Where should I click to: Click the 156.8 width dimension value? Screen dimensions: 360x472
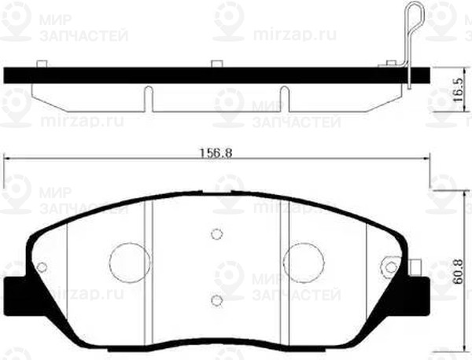(x=218, y=153)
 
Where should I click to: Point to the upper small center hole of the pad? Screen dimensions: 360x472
(x=216, y=233)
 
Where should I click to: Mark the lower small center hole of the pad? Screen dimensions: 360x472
(x=216, y=299)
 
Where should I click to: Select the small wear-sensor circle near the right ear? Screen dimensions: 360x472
(x=387, y=267)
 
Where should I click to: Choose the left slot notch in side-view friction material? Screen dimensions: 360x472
(x=147, y=97)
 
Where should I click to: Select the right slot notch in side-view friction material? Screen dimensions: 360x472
(x=286, y=97)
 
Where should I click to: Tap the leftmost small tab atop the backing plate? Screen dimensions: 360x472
(x=42, y=63)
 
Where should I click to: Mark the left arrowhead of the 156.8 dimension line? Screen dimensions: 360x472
(x=8, y=160)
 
